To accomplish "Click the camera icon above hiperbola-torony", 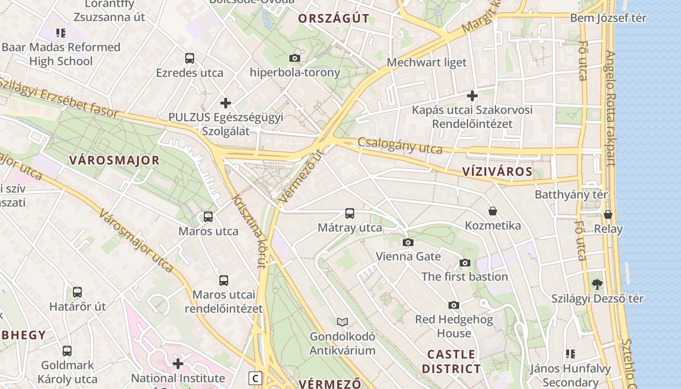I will [294, 58].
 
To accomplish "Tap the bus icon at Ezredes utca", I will [190, 58].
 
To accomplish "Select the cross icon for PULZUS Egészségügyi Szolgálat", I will [225, 103].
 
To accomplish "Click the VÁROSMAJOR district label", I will [114, 160].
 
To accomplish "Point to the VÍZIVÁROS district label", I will [497, 172].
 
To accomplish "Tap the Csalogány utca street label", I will [400, 146].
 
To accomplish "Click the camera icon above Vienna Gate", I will [408, 242].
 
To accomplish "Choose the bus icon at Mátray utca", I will [349, 213].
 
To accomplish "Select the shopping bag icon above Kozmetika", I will [493, 211].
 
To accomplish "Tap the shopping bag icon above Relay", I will [608, 214].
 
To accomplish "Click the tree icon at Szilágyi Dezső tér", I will [597, 284].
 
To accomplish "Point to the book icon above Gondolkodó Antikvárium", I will [342, 322].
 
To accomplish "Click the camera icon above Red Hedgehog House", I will [454, 305].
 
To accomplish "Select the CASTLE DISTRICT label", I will [451, 361].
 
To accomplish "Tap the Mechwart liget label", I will [427, 63].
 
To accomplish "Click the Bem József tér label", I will [608, 18].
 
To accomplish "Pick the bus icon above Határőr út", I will [77, 292].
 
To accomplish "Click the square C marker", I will [255, 378].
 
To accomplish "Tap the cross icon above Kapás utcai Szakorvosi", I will [472, 96].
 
